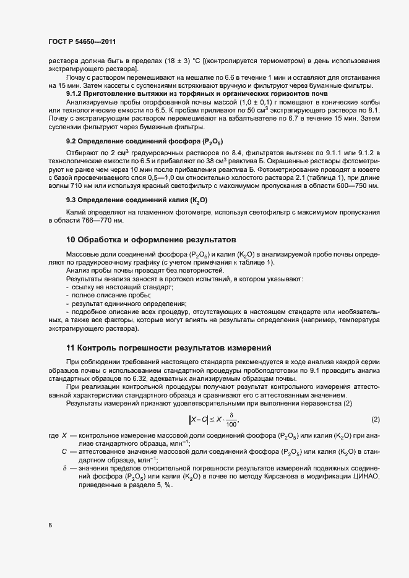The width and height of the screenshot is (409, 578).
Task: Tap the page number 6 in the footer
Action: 50,525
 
